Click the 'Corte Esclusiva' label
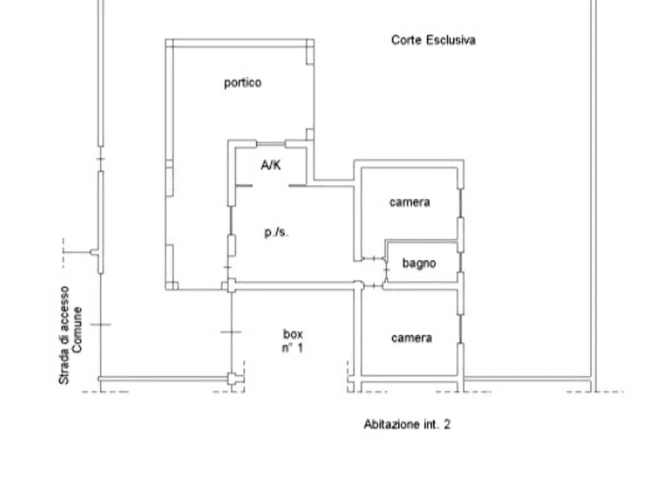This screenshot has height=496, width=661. tap(433, 40)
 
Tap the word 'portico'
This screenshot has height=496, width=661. tap(242, 83)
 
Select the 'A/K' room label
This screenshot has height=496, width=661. tap(271, 165)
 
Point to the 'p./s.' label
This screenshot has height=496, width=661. tap(277, 232)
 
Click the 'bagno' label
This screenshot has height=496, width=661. tap(419, 264)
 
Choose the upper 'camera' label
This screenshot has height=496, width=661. tap(410, 202)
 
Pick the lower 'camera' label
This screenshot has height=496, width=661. tap(412, 338)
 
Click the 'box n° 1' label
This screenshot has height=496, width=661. tap(292, 341)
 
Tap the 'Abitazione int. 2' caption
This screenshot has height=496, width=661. tap(407, 424)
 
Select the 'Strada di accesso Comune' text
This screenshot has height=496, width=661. tap(70, 335)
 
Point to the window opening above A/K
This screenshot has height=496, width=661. tap(271, 144)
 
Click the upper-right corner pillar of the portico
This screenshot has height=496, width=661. tap(310, 43)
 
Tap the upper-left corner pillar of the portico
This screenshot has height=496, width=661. tap(170, 43)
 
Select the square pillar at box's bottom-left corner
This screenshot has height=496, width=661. tap(232, 379)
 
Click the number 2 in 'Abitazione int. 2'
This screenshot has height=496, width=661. tap(447, 424)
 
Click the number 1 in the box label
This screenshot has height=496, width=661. tap(300, 348)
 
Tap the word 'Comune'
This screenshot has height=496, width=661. tap(77, 330)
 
